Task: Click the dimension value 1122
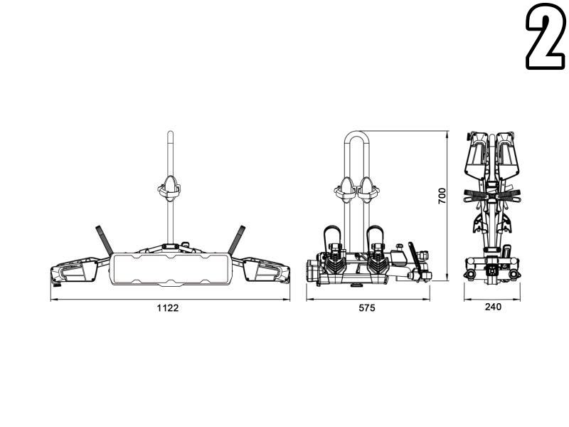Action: click(168, 308)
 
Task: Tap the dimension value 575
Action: click(367, 308)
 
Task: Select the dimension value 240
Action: click(493, 307)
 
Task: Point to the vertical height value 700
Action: click(442, 196)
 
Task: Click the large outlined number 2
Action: click(546, 36)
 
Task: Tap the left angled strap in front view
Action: click(104, 240)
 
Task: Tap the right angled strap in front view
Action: click(237, 240)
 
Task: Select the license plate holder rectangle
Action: click(170, 269)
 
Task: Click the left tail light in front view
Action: click(75, 271)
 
